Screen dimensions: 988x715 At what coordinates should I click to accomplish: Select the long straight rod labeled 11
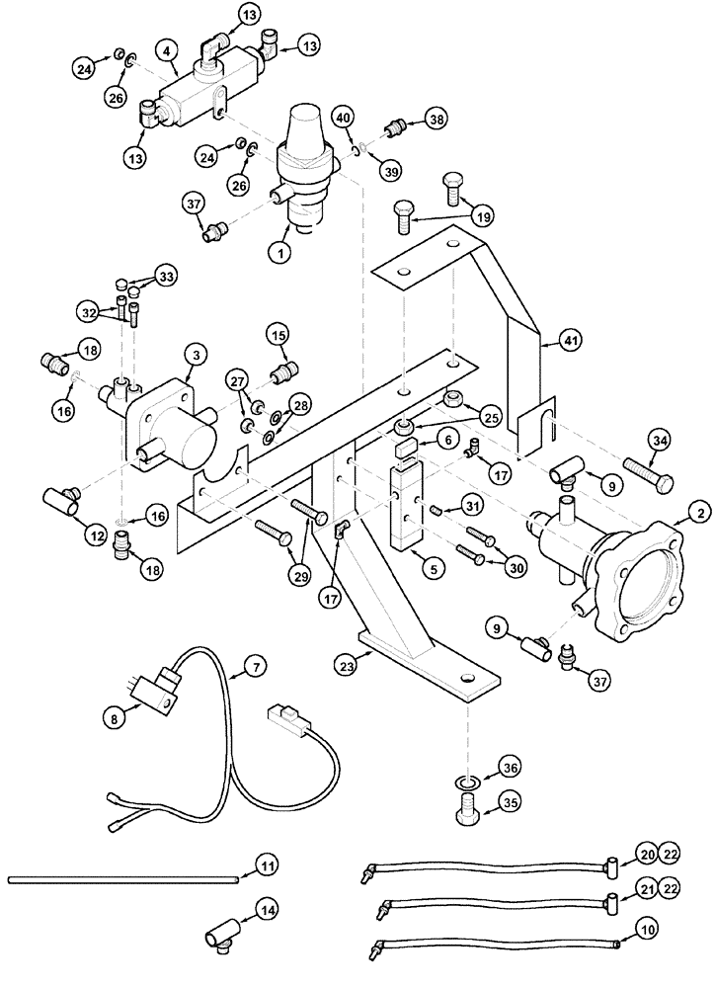119,878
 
